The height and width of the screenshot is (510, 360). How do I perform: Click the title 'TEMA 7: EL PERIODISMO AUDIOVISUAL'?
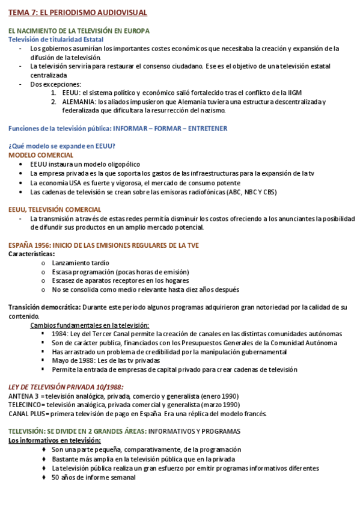(x=78, y=12)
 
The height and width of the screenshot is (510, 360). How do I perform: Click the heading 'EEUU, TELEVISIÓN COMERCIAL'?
(x=55, y=210)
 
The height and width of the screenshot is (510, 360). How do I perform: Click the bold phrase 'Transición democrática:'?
(x=44, y=307)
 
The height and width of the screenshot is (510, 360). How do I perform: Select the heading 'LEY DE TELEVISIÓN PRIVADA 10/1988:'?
(x=70, y=387)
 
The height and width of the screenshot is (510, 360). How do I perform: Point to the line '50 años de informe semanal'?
(x=93, y=478)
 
